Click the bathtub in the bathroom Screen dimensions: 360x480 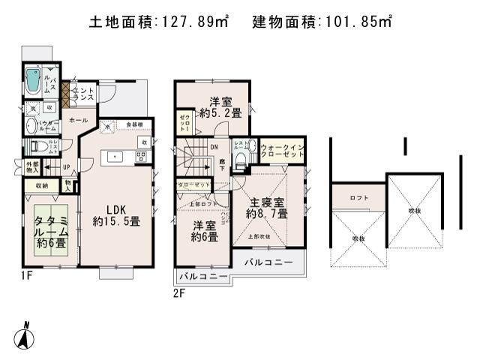(x=33, y=81)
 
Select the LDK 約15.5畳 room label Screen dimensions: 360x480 (x=117, y=215)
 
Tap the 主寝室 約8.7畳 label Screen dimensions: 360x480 (x=267, y=208)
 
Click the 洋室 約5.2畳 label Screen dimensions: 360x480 (x=220, y=107)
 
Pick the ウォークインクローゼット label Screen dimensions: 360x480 (x=283, y=149)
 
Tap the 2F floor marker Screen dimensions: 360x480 (x=178, y=292)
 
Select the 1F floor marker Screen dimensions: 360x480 (x=26, y=276)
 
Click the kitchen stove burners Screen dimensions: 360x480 (x=140, y=156)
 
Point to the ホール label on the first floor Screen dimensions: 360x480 (x=76, y=120)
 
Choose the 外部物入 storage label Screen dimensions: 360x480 (x=32, y=167)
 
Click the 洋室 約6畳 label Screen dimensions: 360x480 (x=204, y=231)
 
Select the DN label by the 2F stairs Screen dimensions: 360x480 (x=213, y=147)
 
